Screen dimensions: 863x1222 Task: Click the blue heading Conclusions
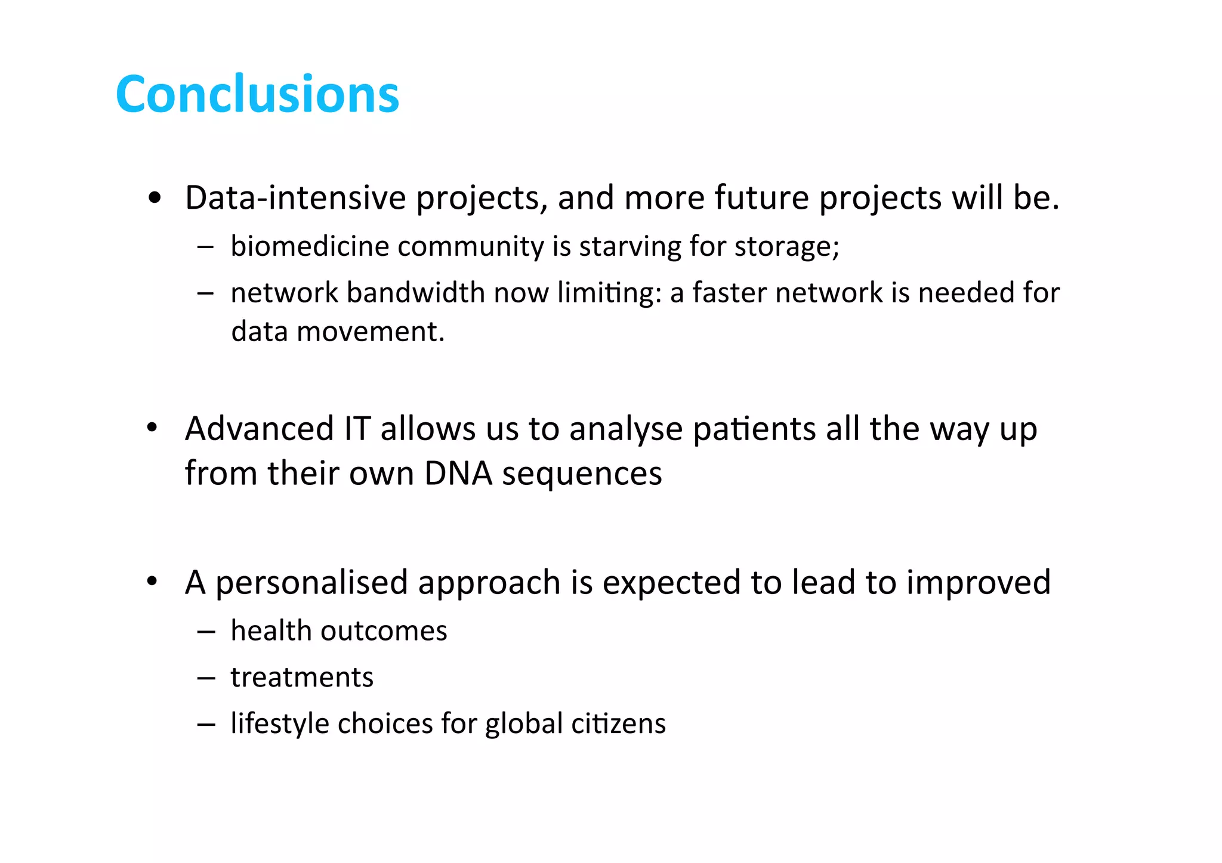point(257,94)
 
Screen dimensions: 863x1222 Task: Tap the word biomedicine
point(310,246)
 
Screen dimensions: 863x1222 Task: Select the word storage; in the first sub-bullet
point(786,246)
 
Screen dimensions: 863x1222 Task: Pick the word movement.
point(371,332)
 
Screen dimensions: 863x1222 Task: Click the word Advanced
point(259,429)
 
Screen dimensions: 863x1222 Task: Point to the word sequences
point(582,475)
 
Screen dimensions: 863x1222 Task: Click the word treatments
point(302,678)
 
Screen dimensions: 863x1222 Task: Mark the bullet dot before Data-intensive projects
point(155,198)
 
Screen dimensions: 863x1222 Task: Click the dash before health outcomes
point(206,632)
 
